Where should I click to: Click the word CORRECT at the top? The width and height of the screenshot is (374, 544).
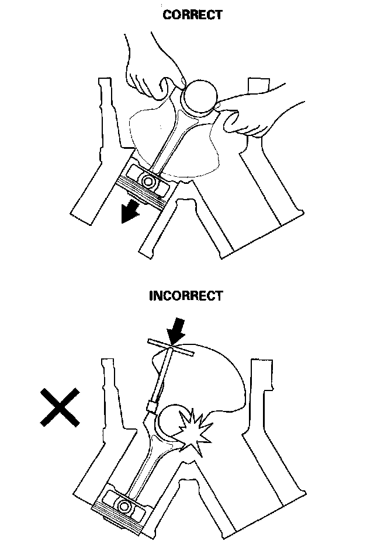(193, 15)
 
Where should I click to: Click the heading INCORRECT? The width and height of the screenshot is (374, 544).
(186, 295)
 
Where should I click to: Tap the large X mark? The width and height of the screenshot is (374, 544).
(60, 407)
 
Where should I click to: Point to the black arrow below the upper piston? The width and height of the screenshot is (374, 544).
(129, 211)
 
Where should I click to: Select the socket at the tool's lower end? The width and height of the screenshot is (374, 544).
(154, 404)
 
